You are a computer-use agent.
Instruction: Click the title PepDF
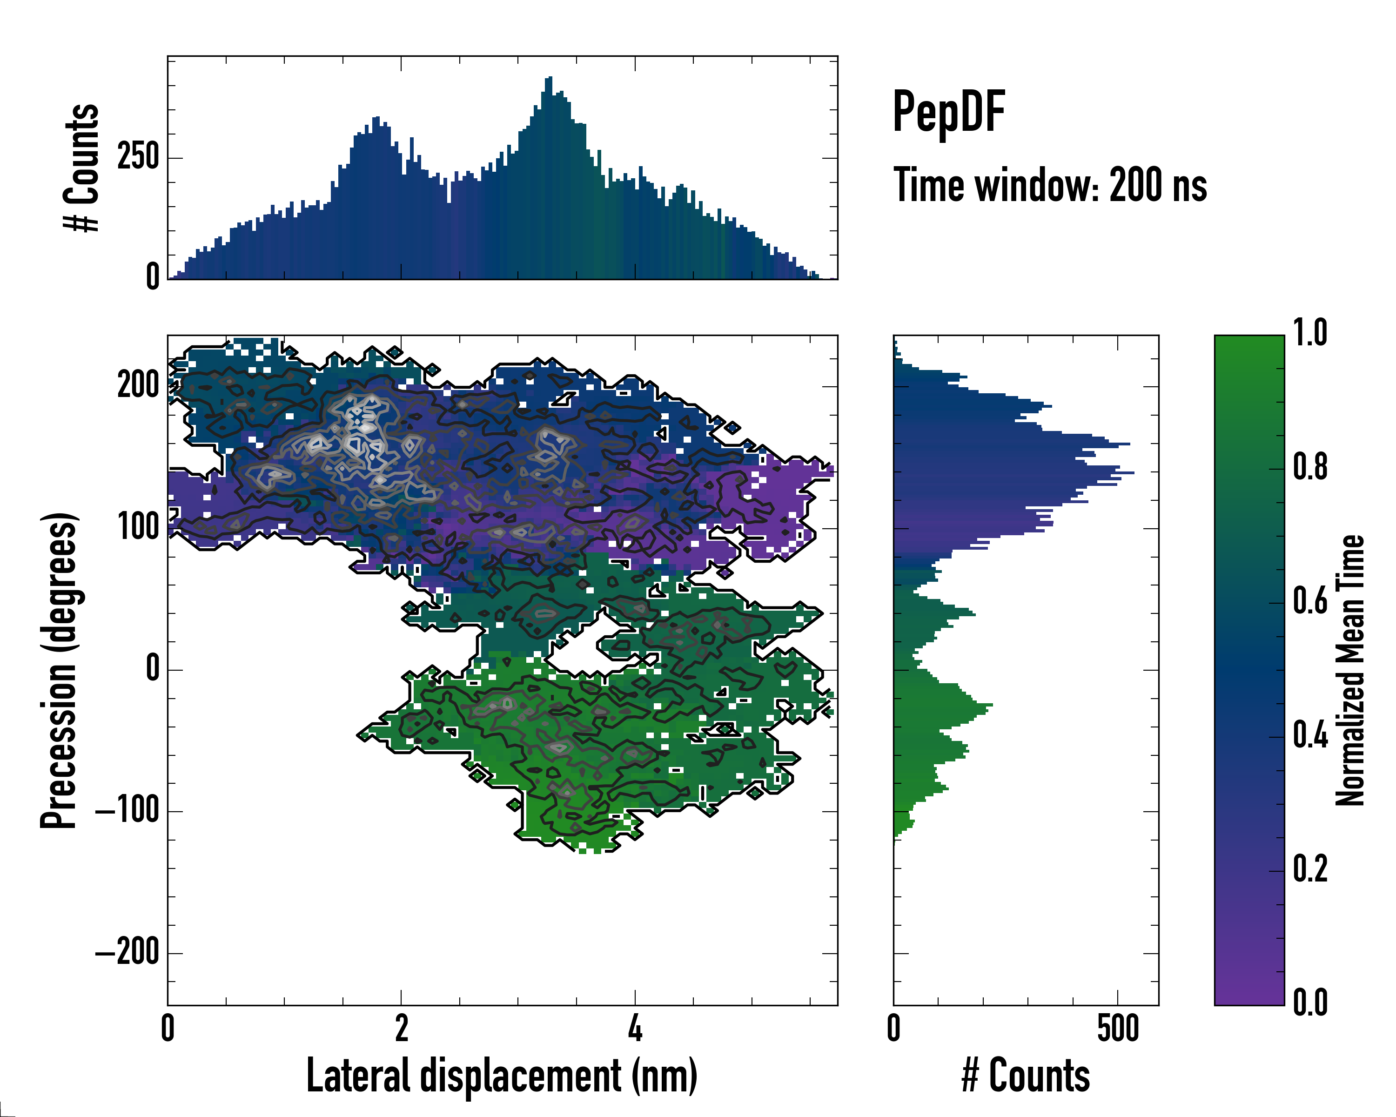(948, 112)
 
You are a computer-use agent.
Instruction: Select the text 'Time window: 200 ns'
(1050, 186)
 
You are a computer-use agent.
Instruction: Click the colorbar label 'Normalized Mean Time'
(1350, 670)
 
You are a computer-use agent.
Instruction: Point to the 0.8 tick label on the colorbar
(1310, 468)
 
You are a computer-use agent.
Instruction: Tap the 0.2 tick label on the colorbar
(1310, 870)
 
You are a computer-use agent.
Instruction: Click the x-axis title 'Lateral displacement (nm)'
(502, 1075)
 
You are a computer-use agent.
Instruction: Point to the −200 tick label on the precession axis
(127, 953)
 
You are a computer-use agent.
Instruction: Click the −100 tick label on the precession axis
(127, 811)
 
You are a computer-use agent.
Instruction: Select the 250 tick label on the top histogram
(138, 157)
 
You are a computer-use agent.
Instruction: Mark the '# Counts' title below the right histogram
(1026, 1075)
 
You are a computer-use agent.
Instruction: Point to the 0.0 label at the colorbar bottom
(1310, 1003)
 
